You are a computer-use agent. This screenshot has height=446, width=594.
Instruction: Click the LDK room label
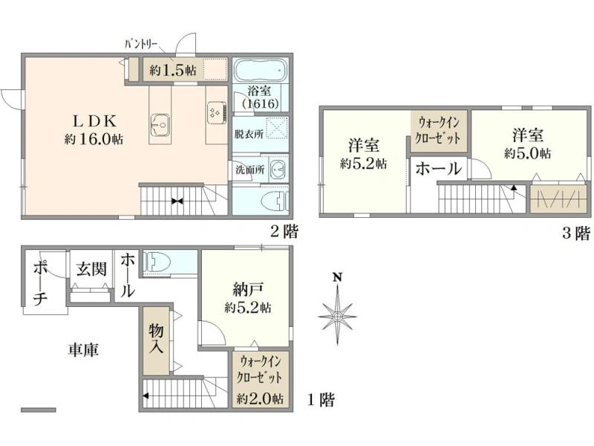click(x=94, y=121)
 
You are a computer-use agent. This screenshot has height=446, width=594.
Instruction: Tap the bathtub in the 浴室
click(x=260, y=70)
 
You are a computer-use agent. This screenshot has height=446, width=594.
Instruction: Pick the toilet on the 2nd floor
click(x=275, y=201)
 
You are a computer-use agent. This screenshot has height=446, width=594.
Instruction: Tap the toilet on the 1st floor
click(x=157, y=262)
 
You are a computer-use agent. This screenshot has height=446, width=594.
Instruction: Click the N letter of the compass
click(x=337, y=277)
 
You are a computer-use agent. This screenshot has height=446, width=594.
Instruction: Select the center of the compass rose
click(x=337, y=316)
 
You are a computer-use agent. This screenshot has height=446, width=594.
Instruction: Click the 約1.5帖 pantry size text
click(x=173, y=70)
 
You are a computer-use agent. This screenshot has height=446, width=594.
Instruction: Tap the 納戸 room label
click(x=247, y=290)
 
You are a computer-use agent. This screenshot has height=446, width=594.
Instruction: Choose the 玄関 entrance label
click(x=91, y=269)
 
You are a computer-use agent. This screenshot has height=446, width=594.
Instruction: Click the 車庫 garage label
click(x=83, y=349)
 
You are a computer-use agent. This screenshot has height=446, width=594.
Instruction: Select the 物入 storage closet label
click(x=156, y=339)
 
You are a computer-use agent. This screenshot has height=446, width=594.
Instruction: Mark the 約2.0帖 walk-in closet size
click(x=261, y=398)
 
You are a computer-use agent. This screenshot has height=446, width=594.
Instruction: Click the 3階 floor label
click(x=576, y=233)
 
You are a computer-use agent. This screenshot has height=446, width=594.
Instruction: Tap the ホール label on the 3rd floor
click(x=439, y=169)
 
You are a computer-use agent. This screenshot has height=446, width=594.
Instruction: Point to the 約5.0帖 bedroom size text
click(x=528, y=153)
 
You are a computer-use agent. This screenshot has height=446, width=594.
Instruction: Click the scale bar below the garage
click(x=39, y=410)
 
